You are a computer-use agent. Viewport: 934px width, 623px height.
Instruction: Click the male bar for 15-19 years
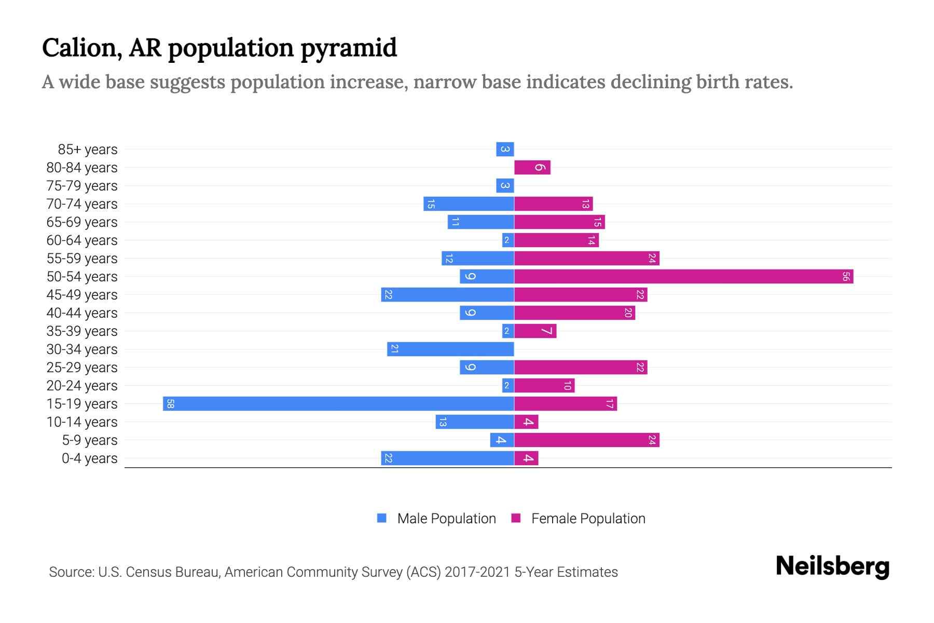338,403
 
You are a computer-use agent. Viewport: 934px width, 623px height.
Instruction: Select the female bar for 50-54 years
683,276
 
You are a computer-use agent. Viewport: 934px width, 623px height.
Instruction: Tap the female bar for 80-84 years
532,167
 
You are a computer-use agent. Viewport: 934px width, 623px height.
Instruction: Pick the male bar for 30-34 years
450,349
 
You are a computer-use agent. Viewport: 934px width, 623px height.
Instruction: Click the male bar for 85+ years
505,149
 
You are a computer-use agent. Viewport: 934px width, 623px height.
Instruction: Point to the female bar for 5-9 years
586,440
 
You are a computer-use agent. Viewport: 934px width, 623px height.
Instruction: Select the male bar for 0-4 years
447,458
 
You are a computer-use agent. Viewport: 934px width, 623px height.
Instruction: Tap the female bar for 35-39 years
535,331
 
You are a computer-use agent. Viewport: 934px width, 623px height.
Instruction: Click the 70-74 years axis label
82,204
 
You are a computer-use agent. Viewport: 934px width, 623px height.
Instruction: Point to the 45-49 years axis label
82,295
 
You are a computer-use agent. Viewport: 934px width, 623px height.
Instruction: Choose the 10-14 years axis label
82,422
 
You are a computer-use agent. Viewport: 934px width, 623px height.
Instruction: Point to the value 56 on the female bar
846,276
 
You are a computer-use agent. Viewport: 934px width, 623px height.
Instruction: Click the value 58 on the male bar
170,403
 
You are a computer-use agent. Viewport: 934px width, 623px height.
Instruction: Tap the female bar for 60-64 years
556,240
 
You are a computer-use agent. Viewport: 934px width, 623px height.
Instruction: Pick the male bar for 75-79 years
505,185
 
